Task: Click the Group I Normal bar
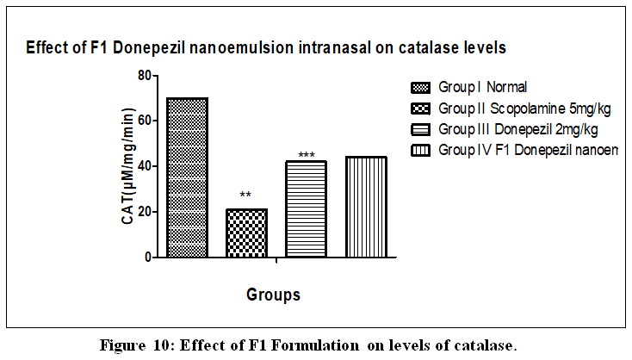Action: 187,177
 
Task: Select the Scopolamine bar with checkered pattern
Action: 246,233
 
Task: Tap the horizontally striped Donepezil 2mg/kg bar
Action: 306,209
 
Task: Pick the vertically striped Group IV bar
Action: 366,207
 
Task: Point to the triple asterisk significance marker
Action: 307,155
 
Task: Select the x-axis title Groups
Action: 273,295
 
